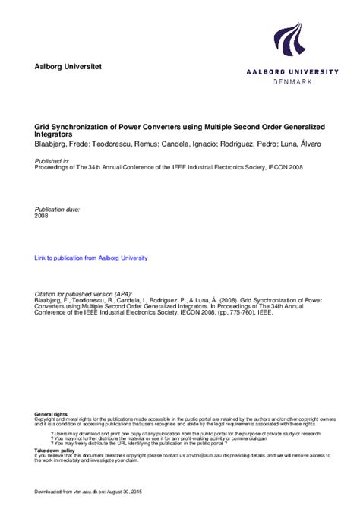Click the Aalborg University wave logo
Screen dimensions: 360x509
pos(290,42)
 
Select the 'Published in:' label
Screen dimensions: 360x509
pos(52,161)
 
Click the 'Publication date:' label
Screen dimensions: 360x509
pos(58,208)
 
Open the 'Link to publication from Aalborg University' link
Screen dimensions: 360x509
pos(91,258)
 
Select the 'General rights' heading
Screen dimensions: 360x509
pos(50,413)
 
